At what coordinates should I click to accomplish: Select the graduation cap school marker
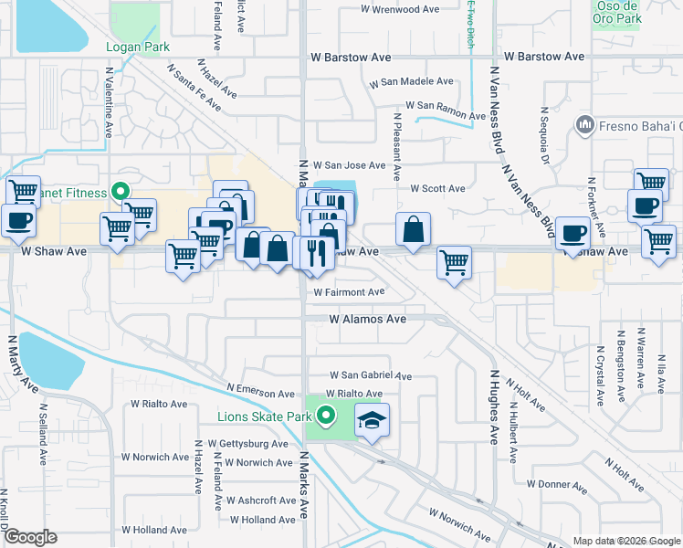pyautogui.click(x=371, y=420)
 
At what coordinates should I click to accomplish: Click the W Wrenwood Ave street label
pyautogui.click(x=402, y=10)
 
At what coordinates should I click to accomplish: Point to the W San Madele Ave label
pyautogui.click(x=411, y=82)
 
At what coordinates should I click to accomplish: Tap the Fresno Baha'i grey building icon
pyautogui.click(x=583, y=123)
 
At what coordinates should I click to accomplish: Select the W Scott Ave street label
pyautogui.click(x=437, y=189)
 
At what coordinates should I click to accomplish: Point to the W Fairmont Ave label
pyautogui.click(x=349, y=293)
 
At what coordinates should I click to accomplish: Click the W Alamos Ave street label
pyautogui.click(x=368, y=320)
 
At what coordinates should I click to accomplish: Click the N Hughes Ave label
pyautogui.click(x=494, y=406)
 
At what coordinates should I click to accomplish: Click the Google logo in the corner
pyautogui.click(x=30, y=537)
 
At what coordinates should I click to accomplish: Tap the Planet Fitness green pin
pyautogui.click(x=119, y=192)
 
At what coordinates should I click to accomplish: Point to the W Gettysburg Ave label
pyautogui.click(x=247, y=444)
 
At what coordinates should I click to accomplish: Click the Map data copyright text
pyautogui.click(x=625, y=541)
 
